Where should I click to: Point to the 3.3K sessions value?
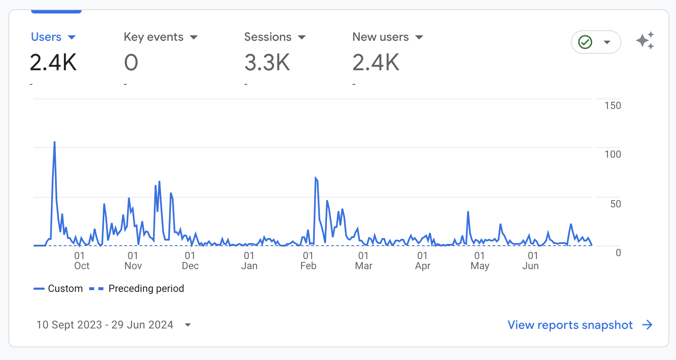[x=267, y=63]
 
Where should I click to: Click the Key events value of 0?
[x=131, y=63]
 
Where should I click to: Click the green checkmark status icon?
[x=585, y=42]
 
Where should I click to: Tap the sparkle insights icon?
[x=645, y=41]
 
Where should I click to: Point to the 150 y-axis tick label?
[x=613, y=106]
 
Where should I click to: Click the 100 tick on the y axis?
[x=613, y=154]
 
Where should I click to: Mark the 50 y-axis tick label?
[x=615, y=204]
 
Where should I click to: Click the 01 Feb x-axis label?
[x=308, y=261]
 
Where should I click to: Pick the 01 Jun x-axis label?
[x=532, y=261]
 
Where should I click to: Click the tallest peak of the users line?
[x=55, y=143]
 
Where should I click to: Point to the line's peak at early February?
[x=316, y=179]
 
